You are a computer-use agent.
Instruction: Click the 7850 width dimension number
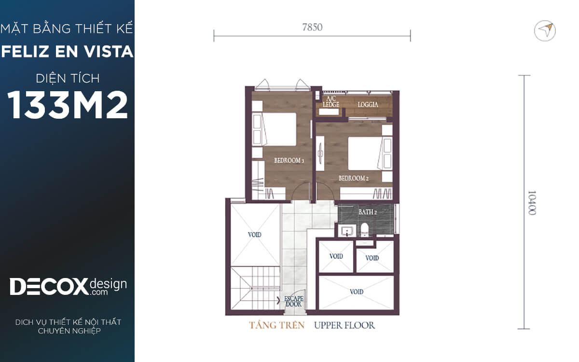pyautogui.click(x=312, y=28)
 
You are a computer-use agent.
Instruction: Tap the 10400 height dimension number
pyautogui.click(x=531, y=203)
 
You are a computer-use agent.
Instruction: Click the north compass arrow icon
pyautogui.click(x=545, y=31)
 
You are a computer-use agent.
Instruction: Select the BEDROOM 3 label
pyautogui.click(x=289, y=161)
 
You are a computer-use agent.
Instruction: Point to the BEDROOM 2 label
pyautogui.click(x=353, y=178)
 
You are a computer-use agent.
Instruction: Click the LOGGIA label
pyautogui.click(x=368, y=104)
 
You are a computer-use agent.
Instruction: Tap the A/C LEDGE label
pyautogui.click(x=331, y=102)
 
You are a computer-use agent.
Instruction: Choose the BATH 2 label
pyautogui.click(x=367, y=212)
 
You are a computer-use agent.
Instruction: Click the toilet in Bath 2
pyautogui.click(x=364, y=230)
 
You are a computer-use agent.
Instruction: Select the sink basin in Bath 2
pyautogui.click(x=347, y=231)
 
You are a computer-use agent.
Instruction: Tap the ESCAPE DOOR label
pyautogui.click(x=294, y=302)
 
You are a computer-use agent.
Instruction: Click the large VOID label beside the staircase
pyautogui.click(x=255, y=235)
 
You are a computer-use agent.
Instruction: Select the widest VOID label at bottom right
pyautogui.click(x=357, y=292)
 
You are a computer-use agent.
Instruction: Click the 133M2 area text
pyautogui.click(x=68, y=105)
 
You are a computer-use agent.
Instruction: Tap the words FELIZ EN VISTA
pyautogui.click(x=67, y=52)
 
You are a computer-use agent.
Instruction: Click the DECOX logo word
pyautogui.click(x=49, y=287)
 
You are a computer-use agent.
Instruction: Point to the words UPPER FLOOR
pyautogui.click(x=345, y=325)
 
